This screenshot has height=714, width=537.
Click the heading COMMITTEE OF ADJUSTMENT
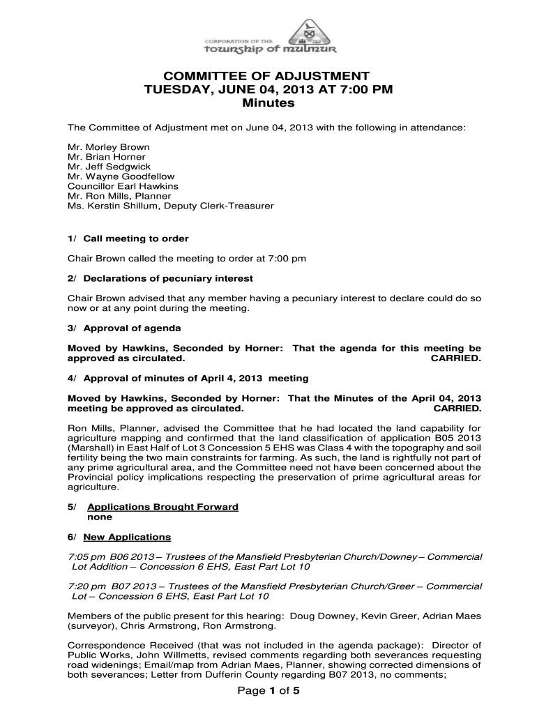(x=268, y=76)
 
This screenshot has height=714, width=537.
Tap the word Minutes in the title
(x=268, y=103)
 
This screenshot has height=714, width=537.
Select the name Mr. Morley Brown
(x=108, y=148)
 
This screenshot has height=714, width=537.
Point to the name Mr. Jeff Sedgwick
(x=109, y=167)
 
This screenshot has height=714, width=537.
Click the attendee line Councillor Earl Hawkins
(x=123, y=187)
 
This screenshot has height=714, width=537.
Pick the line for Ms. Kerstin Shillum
(x=170, y=206)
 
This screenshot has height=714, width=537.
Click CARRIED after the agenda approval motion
(x=456, y=358)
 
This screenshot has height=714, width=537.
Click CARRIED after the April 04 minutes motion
(x=457, y=408)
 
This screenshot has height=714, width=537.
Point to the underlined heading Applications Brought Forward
(x=162, y=507)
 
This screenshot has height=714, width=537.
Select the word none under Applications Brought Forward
(x=98, y=517)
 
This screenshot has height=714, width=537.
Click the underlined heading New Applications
(x=127, y=537)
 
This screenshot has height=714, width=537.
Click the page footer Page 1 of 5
(x=268, y=691)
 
